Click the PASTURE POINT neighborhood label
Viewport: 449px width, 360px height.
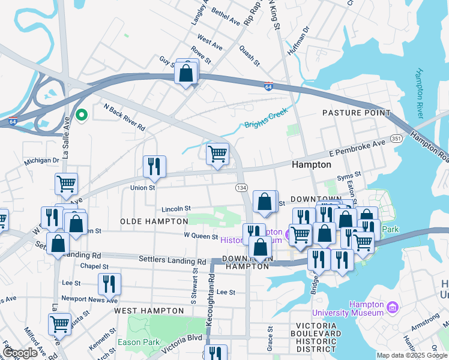tap(356, 113)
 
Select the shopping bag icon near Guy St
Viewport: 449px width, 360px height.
tap(187, 74)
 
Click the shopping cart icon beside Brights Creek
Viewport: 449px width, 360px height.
tap(217, 154)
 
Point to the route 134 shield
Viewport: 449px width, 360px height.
tap(241, 188)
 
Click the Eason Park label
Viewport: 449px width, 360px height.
tap(138, 342)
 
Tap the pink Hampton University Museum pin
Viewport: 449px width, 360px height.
tap(393, 307)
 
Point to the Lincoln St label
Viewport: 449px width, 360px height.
tap(176, 209)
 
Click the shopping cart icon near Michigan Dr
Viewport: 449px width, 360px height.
tap(66, 184)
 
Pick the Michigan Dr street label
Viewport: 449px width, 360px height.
tap(41, 161)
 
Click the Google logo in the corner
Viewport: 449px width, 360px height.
tap(20, 353)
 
